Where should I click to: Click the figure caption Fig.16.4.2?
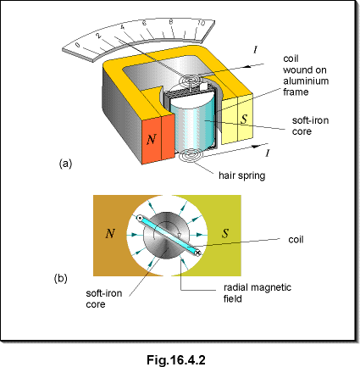pos(176,360)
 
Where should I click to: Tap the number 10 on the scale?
pos(201,23)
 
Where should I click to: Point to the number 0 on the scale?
pos(78,45)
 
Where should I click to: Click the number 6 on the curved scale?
pos(145,23)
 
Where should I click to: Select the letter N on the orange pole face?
pos(152,139)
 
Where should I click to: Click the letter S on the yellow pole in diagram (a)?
pos(244,119)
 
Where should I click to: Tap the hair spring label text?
pos(242,175)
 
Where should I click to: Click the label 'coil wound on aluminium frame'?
pos(306,75)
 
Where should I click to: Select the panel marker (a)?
pos(65,164)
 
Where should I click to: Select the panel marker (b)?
pos(60,278)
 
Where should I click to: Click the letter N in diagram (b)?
pos(110,233)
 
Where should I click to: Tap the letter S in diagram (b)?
pos(225,233)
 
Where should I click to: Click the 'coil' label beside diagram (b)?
pos(296,240)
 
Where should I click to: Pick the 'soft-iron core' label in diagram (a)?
pos(310,125)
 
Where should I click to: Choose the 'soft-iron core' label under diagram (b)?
pos(104,298)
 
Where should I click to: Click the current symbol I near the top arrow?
pos(255,50)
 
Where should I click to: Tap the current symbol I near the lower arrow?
pos(267,153)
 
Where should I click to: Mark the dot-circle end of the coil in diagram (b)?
pos(139,218)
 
